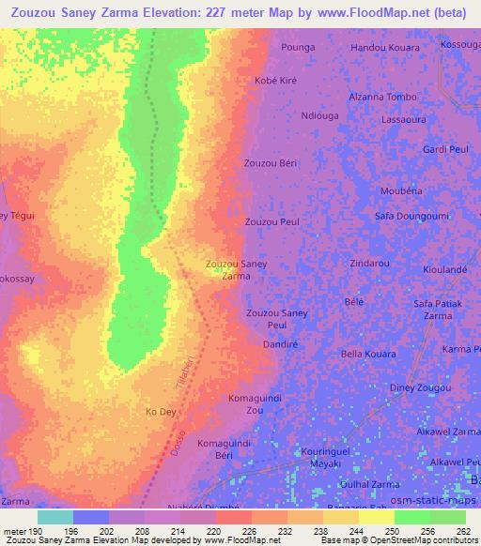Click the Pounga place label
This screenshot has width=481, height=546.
click(x=298, y=47)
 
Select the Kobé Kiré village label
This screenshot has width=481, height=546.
click(x=275, y=81)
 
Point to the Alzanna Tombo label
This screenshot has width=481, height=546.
click(x=382, y=98)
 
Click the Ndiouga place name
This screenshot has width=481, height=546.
click(x=319, y=116)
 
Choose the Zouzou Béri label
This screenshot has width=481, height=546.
click(x=271, y=163)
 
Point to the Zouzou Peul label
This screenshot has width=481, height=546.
click(x=272, y=222)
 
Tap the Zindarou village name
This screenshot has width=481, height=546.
click(x=369, y=264)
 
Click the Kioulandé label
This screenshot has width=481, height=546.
click(x=445, y=269)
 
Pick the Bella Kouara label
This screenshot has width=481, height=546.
click(x=367, y=354)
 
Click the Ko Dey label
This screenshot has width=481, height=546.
click(x=161, y=412)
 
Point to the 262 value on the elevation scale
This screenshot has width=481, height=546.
click(x=462, y=531)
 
